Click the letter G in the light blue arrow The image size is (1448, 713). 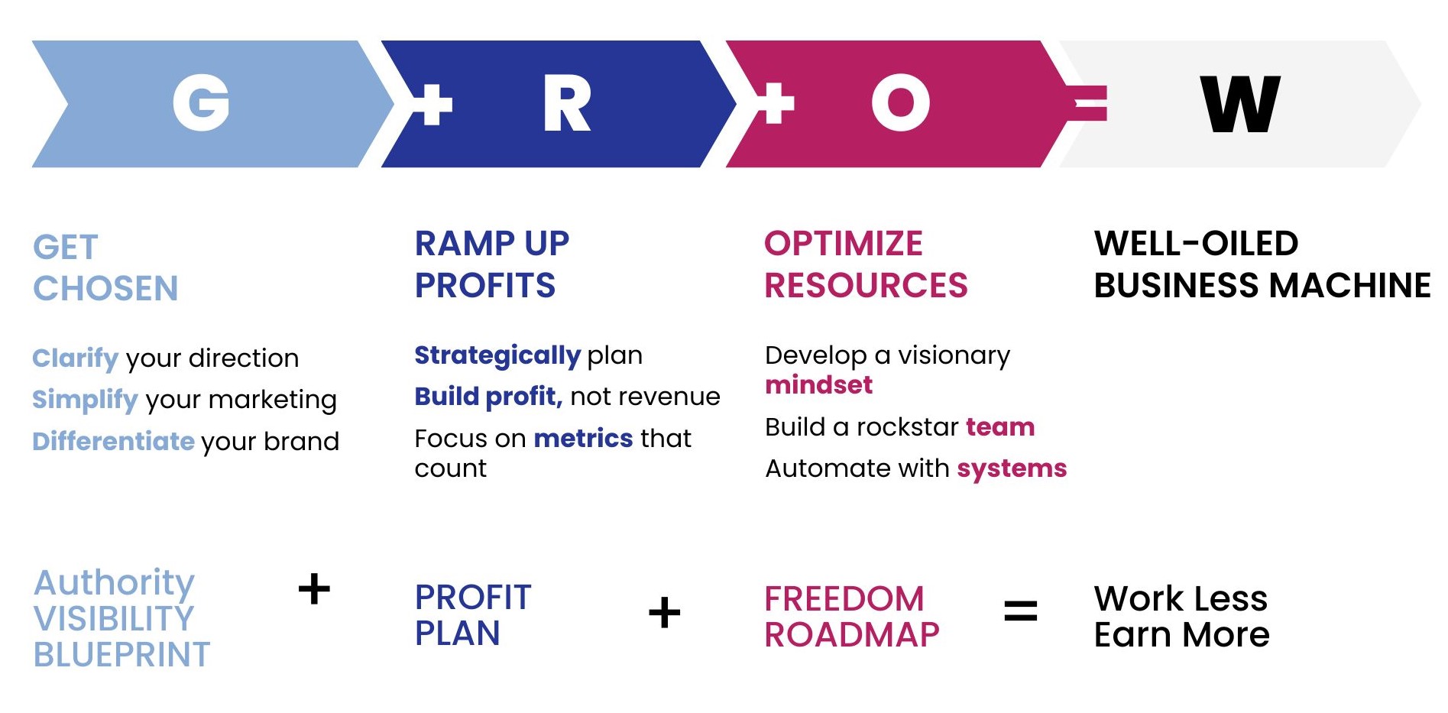click(x=202, y=103)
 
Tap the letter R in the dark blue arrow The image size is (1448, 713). click(x=566, y=104)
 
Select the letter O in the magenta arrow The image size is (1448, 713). click(x=901, y=103)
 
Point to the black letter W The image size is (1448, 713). click(x=1240, y=104)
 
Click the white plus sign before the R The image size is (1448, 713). click(x=432, y=104)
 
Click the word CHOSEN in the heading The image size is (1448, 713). click(x=105, y=289)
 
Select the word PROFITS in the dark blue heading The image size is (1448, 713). click(x=485, y=286)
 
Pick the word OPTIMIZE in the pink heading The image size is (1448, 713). click(x=844, y=244)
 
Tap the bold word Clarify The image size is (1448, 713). click(x=76, y=358)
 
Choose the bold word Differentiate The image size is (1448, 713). click(x=114, y=442)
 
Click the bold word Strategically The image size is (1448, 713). click(x=497, y=356)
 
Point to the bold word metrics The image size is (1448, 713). click(x=583, y=439)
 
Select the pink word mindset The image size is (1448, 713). click(x=819, y=384)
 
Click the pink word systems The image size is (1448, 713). click(x=1012, y=468)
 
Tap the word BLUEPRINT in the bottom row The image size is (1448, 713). click(x=122, y=655)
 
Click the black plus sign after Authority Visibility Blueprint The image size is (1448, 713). click(x=314, y=589)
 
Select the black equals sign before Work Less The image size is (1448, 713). click(x=1021, y=611)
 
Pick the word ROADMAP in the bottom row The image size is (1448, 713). click(x=852, y=635)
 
